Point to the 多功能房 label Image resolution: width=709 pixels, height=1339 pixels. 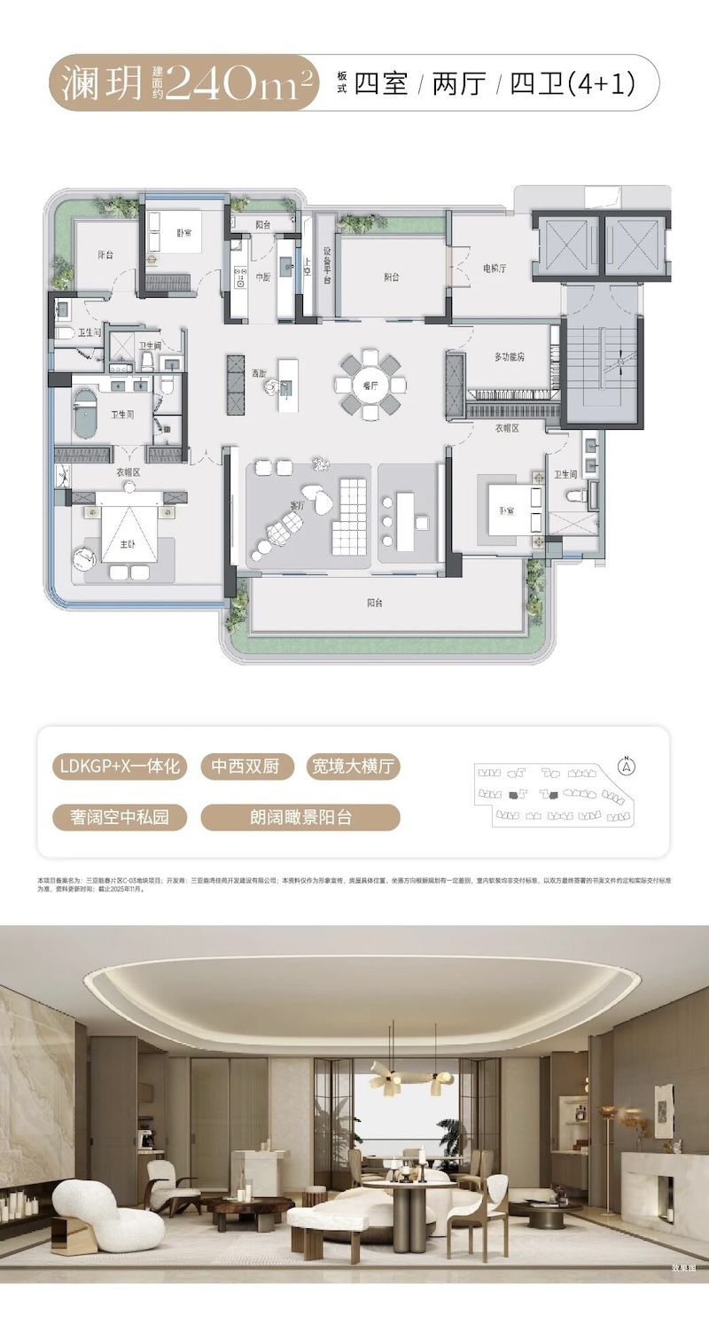pyautogui.click(x=510, y=357)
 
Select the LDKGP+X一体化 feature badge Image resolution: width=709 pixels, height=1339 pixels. pyautogui.click(x=120, y=767)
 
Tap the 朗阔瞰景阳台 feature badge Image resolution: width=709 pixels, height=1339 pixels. pyautogui.click(x=300, y=817)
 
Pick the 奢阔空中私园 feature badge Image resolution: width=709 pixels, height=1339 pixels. pyautogui.click(x=120, y=817)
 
